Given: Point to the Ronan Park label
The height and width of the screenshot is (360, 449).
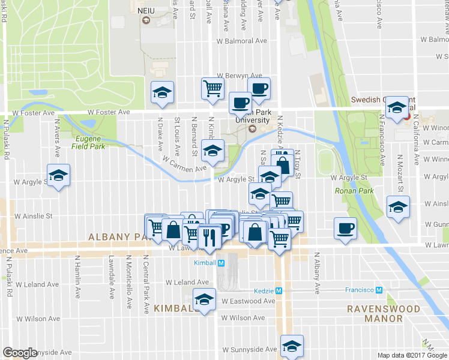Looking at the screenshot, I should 354,191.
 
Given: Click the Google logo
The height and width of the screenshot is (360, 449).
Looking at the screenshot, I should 20,352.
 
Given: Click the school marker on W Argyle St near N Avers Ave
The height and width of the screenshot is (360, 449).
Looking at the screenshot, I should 58,175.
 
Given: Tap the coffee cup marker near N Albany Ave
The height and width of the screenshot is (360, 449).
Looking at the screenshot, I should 345,228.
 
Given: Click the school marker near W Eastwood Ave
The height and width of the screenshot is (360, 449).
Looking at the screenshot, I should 204,299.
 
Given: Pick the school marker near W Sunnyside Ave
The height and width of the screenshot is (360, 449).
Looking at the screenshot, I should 292,346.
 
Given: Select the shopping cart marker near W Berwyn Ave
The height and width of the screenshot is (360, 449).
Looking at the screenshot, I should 212,88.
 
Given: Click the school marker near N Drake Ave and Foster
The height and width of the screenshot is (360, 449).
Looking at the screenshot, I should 162,92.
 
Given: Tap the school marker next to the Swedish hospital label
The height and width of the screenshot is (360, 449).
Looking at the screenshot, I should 396,107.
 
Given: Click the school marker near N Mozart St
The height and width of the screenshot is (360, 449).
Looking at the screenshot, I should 397,207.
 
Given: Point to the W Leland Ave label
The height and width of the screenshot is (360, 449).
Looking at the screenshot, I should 187,282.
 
